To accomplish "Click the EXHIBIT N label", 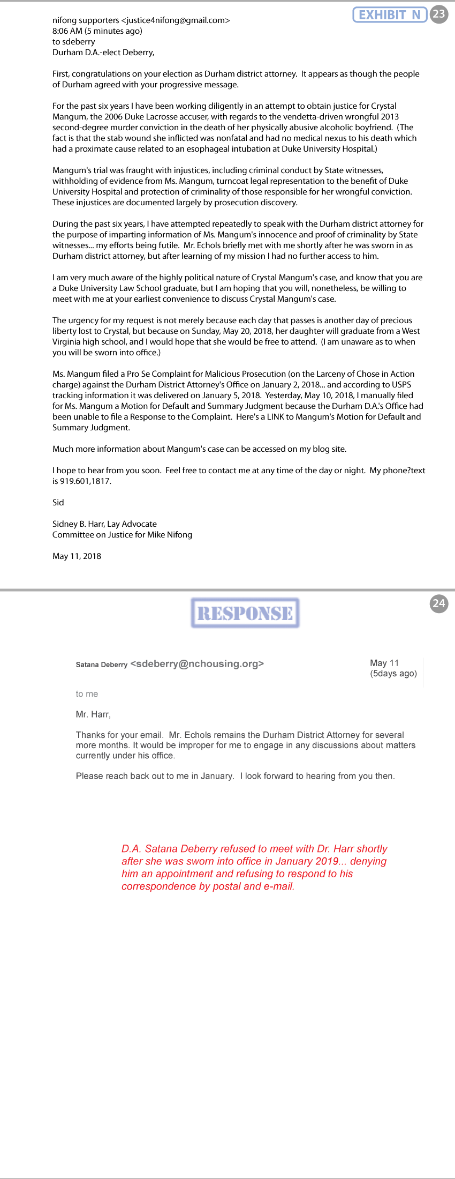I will [x=389, y=14].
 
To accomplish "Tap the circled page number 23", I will [x=439, y=14].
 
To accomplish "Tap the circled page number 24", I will [x=439, y=603].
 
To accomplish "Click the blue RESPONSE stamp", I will [x=245, y=613].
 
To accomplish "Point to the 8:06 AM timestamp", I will [x=67, y=31].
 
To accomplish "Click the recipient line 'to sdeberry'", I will [x=74, y=42].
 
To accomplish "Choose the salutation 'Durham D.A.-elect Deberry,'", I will [x=103, y=53].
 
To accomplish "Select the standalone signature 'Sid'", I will [x=58, y=503].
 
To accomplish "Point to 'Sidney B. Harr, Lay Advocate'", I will [x=104, y=524].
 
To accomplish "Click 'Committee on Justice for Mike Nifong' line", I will [x=122, y=535].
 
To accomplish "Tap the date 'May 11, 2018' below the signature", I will [x=77, y=556].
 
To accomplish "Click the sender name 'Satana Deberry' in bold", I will [x=102, y=665].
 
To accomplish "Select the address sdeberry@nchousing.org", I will [x=197, y=664].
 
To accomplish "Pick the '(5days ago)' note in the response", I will [x=393, y=674].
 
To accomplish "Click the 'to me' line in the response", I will [x=87, y=694].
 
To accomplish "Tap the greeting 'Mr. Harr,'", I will [x=93, y=714].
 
